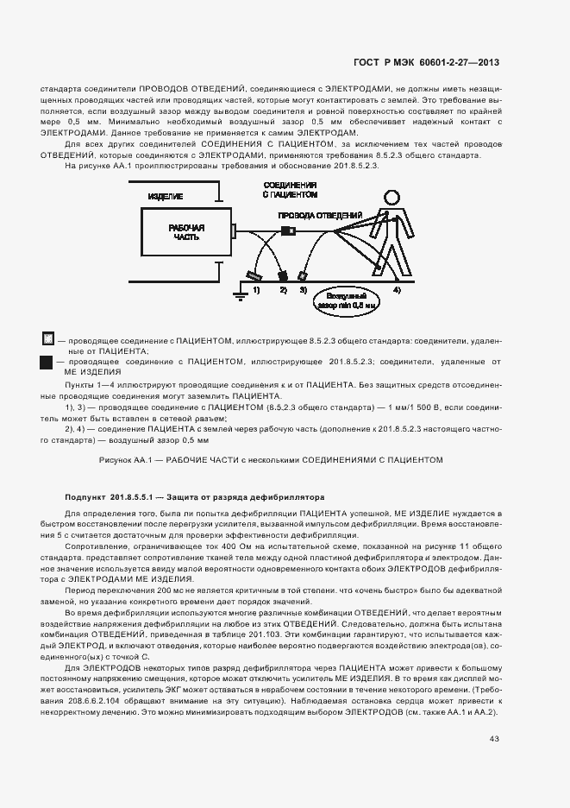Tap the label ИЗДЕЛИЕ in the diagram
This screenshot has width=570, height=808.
tap(165, 197)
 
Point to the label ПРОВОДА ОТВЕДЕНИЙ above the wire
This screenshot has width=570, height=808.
tap(319, 214)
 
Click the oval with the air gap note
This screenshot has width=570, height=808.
tap(348, 301)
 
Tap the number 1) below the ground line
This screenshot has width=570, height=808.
tap(257, 291)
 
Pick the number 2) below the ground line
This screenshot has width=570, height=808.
tap(283, 291)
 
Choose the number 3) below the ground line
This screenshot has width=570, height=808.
tap(304, 291)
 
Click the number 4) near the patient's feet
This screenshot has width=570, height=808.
tap(397, 291)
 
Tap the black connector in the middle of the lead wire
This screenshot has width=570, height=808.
tap(288, 230)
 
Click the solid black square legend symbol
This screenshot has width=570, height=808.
tap(47, 365)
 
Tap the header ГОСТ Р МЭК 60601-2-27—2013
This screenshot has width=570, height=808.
tap(427, 62)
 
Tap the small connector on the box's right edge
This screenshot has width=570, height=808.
tap(233, 230)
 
